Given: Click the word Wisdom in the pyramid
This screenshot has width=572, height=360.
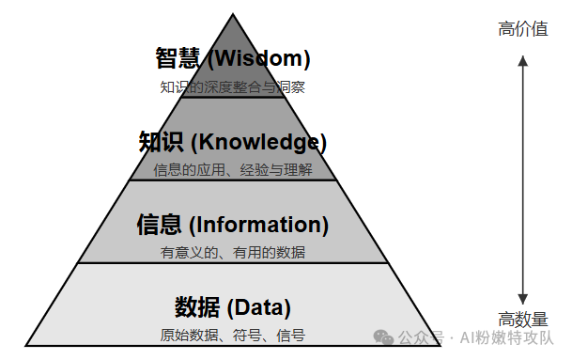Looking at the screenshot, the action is (259, 59).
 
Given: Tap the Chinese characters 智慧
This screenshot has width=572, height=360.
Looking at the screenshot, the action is (178, 59).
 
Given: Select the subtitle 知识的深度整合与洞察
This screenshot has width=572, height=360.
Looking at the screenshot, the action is (232, 87).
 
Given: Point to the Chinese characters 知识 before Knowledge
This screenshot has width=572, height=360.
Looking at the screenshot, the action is (161, 143).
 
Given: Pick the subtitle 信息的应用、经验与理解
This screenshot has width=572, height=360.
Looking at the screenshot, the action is (232, 170).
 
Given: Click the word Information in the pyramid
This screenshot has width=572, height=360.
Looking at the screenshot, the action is (258, 226).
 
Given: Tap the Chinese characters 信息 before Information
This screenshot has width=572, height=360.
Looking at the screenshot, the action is (159, 226).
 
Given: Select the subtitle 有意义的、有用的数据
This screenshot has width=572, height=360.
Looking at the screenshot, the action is (232, 252).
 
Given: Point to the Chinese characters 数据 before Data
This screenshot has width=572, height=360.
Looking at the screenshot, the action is (196, 307).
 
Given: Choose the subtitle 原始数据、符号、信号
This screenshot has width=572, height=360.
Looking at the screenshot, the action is (232, 335).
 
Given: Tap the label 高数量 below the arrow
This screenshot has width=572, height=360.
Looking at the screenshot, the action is (523, 320).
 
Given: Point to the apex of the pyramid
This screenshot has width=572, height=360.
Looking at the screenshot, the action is (232, 13).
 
